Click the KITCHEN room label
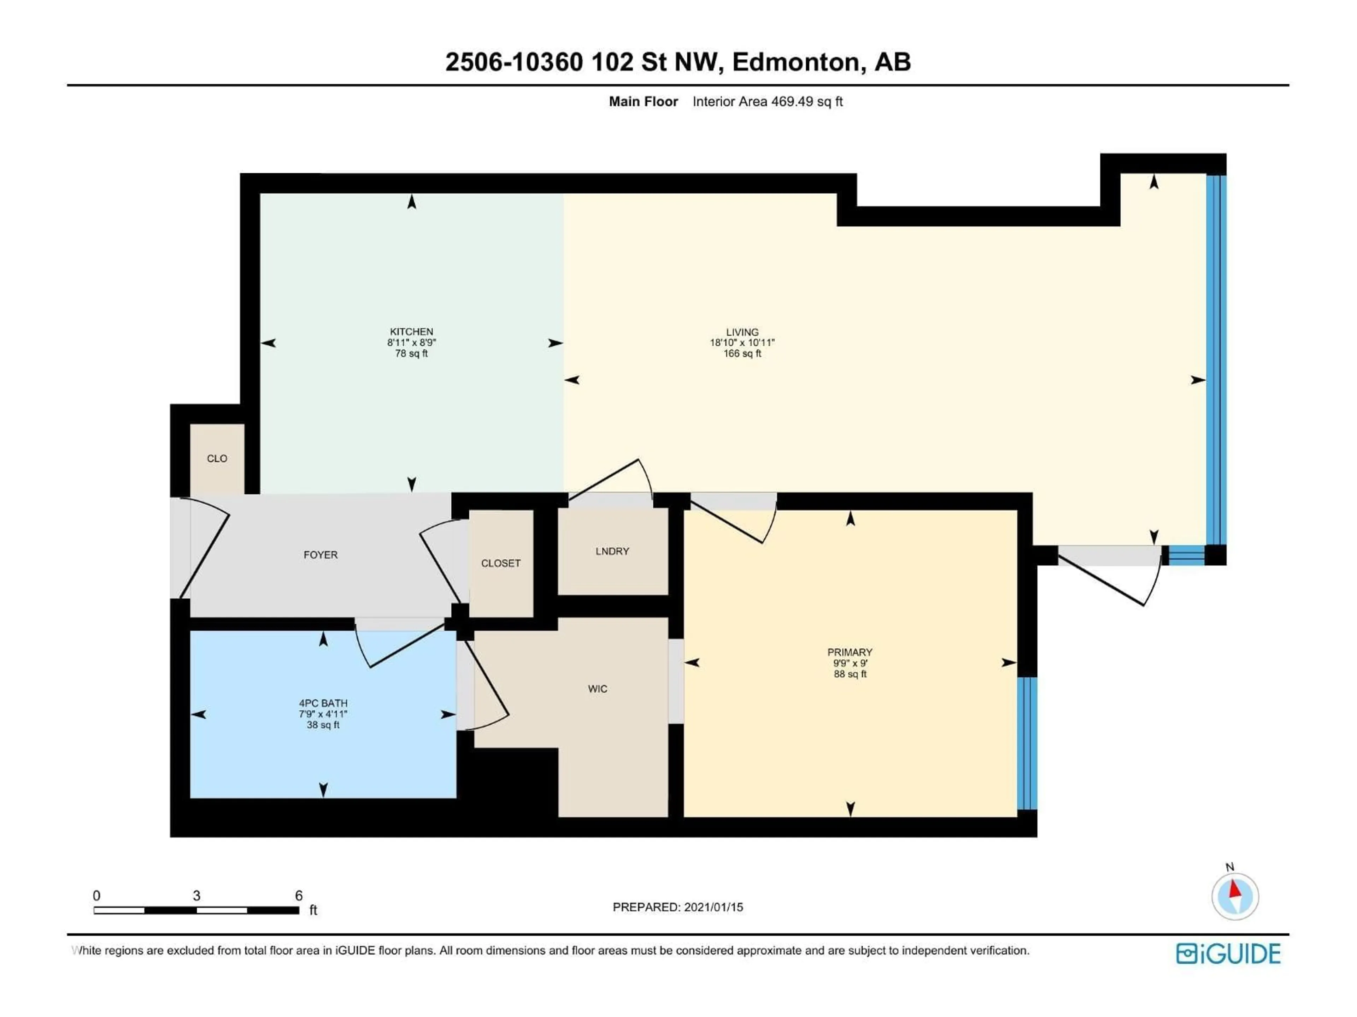point(411,332)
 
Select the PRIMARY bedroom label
point(849,652)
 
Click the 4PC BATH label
point(323,703)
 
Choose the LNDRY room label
point(612,551)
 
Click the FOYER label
point(320,555)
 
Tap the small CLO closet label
point(217,459)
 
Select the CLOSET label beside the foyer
point(501,563)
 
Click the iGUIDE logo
point(1228,954)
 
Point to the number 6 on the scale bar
point(299,896)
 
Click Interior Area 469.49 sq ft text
point(768,102)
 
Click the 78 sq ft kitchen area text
point(411,354)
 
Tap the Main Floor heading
point(643,102)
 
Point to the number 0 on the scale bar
point(96,896)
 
